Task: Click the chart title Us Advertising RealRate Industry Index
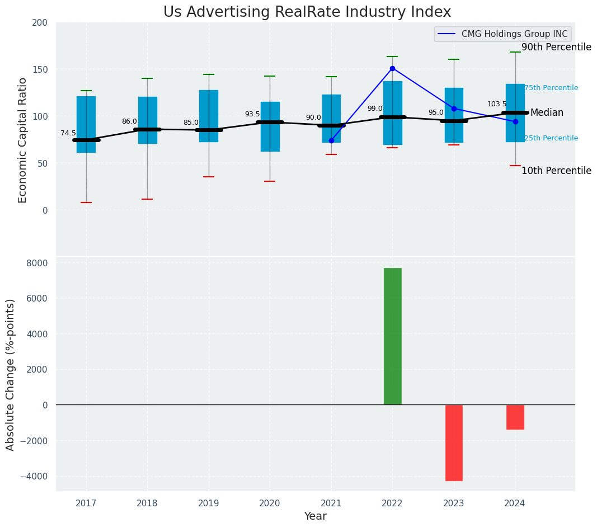307,12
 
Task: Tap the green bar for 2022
392,336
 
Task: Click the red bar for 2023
454,443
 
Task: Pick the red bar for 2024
515,417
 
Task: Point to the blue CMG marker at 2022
392,68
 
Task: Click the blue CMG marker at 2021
331,140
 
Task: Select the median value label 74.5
68,133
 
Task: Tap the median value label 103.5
497,104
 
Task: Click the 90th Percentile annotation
556,48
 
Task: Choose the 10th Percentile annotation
556,171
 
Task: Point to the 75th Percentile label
551,88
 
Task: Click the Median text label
547,113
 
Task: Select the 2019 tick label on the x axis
209,504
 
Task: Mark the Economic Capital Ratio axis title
23,140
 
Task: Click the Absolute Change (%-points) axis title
11,374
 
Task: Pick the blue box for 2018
148,120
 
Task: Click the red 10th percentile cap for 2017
86,203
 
